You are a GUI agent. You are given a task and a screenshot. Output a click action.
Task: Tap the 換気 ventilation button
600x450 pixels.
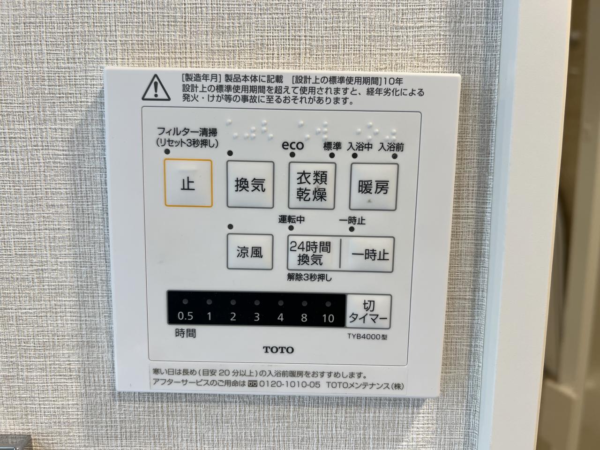coord(250,185)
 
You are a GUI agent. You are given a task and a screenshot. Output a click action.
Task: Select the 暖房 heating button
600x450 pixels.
coord(374,187)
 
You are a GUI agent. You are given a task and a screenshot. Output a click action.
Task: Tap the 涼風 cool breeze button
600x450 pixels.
coord(250,252)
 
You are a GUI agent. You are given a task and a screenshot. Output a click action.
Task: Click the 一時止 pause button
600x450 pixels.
coord(367,255)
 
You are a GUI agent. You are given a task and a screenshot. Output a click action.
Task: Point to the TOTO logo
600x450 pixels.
coord(278,350)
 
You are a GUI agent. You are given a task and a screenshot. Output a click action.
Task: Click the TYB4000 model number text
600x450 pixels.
coord(367,337)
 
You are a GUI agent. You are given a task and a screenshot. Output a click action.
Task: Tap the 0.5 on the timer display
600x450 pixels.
coord(185,316)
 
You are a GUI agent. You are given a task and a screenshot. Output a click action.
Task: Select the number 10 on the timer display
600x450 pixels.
coord(328,318)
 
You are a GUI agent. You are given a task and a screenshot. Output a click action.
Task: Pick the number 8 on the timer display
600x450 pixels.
coord(304,318)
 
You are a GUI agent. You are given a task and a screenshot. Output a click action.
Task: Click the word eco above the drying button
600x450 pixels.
coord(292,145)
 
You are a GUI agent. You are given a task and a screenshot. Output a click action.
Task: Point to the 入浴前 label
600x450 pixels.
coord(391,148)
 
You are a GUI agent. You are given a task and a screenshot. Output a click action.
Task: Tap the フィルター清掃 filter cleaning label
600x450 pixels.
coord(187,132)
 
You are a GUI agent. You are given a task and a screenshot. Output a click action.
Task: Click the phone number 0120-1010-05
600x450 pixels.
coord(290,384)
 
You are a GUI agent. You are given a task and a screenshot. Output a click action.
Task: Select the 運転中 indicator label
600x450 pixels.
coord(292,219)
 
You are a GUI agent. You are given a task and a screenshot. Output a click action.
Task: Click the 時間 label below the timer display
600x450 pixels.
coord(185,333)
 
